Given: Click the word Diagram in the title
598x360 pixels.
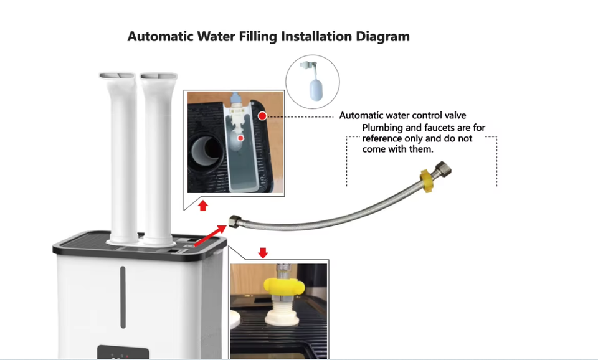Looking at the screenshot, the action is click(x=382, y=37).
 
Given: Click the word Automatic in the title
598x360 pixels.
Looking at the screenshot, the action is click(x=160, y=36).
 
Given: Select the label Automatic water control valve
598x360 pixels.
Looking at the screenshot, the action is click(x=402, y=115).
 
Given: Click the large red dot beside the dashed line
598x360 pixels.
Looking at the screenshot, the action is click(x=262, y=116).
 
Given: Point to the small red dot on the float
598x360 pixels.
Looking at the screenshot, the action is click(x=240, y=138).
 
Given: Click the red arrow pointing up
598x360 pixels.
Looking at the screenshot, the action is click(x=203, y=206).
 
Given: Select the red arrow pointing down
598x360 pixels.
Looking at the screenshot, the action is click(x=263, y=253).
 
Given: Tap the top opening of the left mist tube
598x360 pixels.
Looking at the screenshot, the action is click(x=118, y=76).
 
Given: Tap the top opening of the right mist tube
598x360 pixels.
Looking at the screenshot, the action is click(x=159, y=76).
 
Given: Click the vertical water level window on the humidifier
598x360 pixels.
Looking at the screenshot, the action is click(x=123, y=297).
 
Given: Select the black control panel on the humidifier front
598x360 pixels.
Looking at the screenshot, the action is click(x=123, y=353).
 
